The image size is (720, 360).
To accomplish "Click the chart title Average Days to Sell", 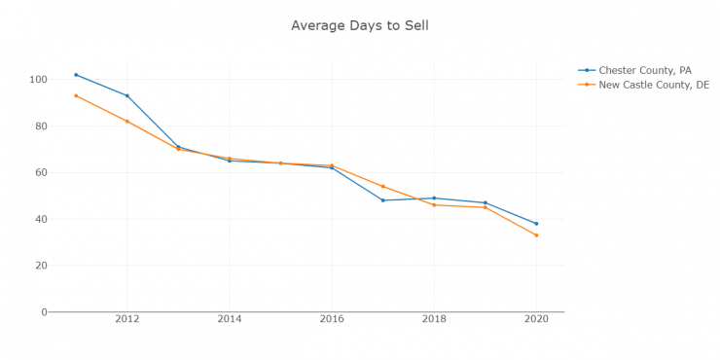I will [x=359, y=25].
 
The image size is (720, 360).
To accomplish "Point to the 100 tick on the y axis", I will [x=37, y=79].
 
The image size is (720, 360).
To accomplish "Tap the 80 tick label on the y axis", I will [x=40, y=126].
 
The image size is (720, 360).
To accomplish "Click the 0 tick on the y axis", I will [x=43, y=312].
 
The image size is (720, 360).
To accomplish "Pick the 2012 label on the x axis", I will [x=126, y=318].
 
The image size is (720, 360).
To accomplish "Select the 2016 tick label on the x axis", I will [x=332, y=318].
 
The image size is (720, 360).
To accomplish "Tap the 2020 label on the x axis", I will [x=536, y=318].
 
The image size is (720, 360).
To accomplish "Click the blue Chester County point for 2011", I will [x=76, y=75].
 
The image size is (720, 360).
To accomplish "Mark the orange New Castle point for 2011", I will [x=76, y=95].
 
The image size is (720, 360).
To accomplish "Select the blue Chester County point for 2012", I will [x=126, y=95].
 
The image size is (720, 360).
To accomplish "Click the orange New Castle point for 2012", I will [x=126, y=122].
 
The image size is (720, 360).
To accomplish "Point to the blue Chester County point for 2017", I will [x=382, y=200].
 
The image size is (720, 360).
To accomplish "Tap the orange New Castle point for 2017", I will [x=382, y=187].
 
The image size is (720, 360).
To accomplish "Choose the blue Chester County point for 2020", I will [x=536, y=224].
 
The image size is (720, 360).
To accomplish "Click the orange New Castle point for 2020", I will [x=536, y=235].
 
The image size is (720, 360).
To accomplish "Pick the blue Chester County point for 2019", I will [x=485, y=202].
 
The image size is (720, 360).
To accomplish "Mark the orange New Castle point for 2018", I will [x=434, y=205].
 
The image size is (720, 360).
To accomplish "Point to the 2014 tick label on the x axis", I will [x=230, y=318].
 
